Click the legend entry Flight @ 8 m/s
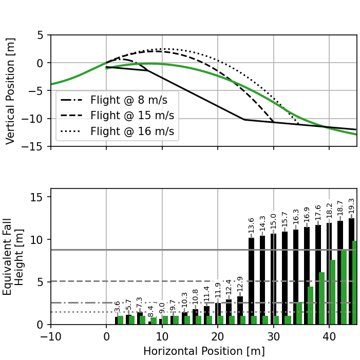[119, 100]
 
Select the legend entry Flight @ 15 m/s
[119, 116]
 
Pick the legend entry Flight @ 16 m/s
[119, 131]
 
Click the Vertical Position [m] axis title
[10, 91]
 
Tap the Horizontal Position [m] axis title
[204, 351]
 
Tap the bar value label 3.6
[118, 307]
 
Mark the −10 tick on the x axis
[50, 335]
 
